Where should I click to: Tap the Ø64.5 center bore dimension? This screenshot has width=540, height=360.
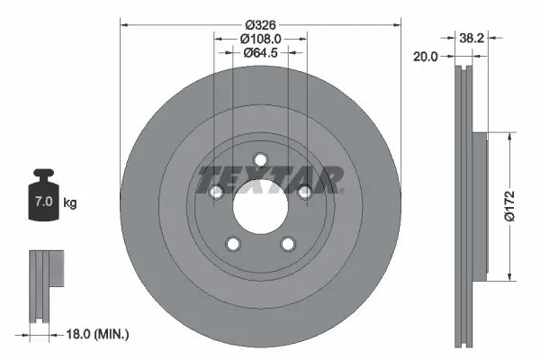coord(261,53)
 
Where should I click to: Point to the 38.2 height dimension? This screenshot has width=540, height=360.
coord(467,39)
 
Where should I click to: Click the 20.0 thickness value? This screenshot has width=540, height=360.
coord(426,56)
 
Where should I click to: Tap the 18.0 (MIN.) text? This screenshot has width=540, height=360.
coord(98,334)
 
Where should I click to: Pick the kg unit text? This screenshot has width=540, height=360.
coord(70,203)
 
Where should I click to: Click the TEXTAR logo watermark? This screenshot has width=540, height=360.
coord(270,178)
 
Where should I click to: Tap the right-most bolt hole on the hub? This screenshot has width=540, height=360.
coord(305,192)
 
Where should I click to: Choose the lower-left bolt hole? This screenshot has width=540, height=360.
coord(233,244)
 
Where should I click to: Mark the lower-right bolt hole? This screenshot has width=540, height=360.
coord(288,244)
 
